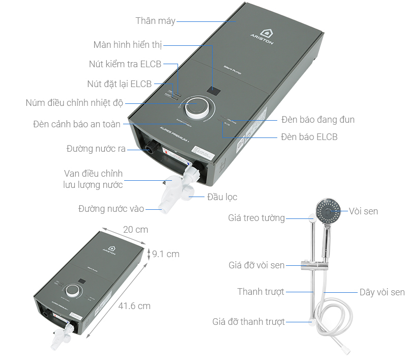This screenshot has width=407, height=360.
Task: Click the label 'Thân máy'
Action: coord(155,21)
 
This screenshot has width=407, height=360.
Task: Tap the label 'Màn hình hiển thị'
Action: coord(127,45)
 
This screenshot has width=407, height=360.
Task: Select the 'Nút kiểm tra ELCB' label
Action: coord(125,64)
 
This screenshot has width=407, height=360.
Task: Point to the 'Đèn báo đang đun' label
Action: coord(317,120)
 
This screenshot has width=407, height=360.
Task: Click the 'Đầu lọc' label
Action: coord(222,197)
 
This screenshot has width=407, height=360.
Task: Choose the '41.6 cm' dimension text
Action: coord(134,306)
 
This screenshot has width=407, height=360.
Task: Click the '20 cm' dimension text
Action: coord(135,230)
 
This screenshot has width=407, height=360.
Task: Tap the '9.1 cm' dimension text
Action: coord(165,254)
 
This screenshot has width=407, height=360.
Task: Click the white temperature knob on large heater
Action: coord(196,107)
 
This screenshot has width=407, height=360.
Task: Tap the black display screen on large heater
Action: coord(214,91)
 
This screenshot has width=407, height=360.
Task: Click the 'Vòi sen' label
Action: coord(363,211)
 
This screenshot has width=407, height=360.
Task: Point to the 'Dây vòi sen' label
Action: coord(382,292)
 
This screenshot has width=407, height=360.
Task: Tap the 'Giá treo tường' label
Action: coord(256,218)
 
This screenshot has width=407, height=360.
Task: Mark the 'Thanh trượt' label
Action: coord(260,292)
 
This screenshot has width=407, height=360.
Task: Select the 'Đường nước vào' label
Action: coord(111,209)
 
